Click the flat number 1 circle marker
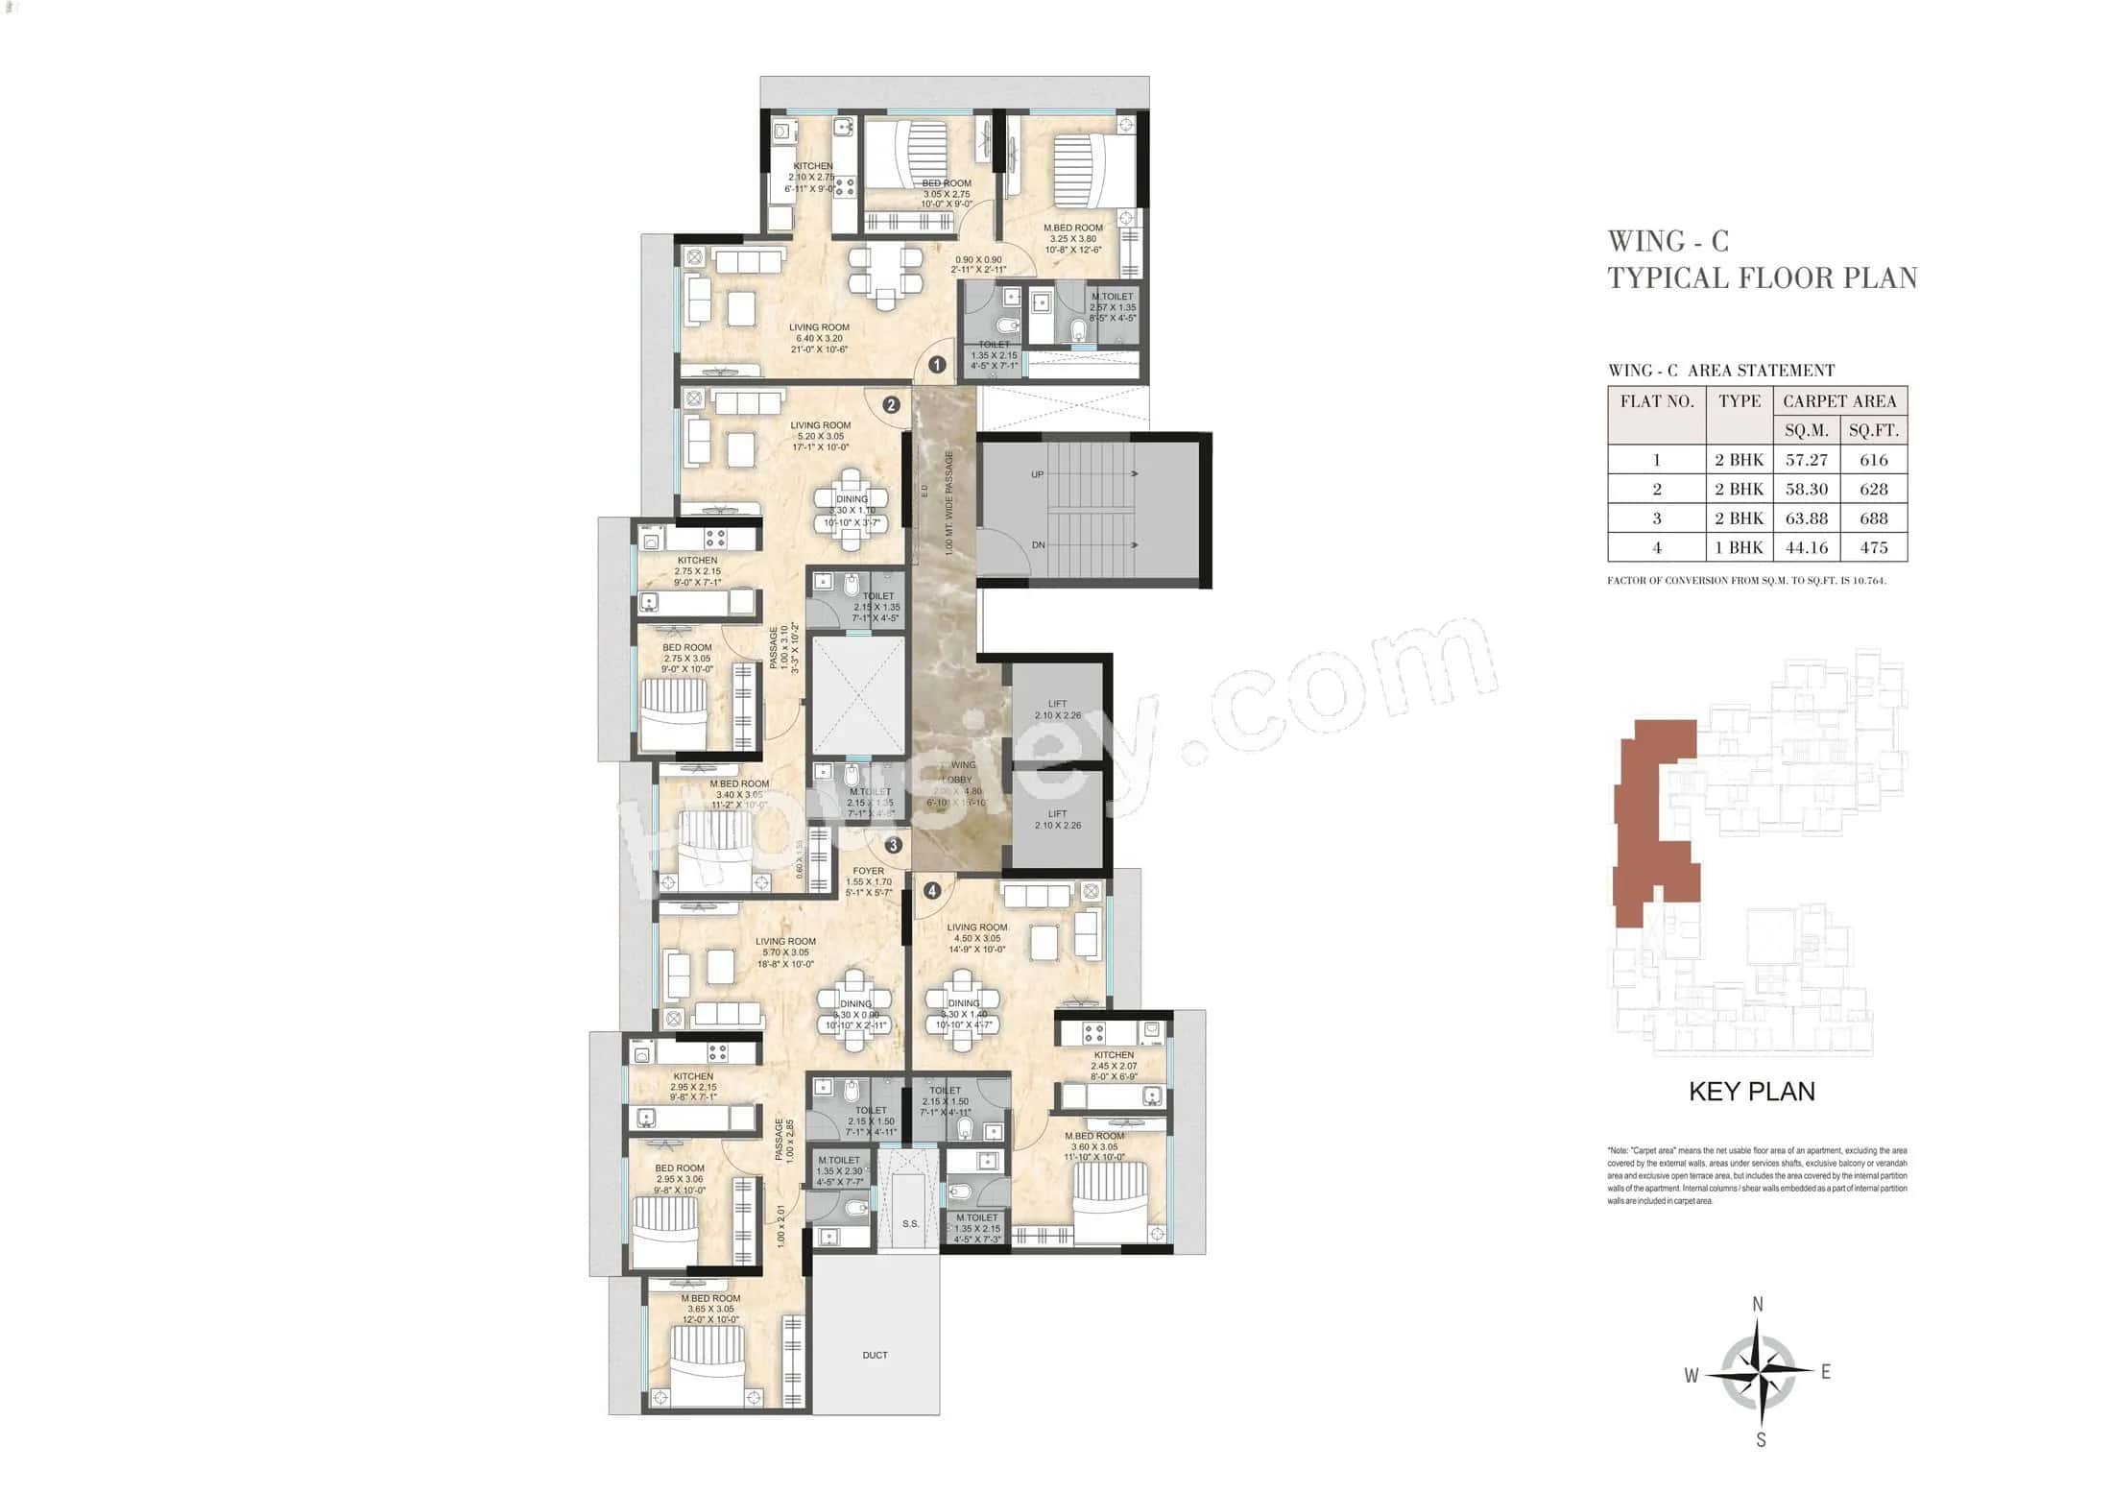point(937,365)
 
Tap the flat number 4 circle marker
point(931,890)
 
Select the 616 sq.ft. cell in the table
point(1873,460)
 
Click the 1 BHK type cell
point(1739,547)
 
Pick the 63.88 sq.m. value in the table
point(1806,518)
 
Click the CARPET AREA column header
point(1839,401)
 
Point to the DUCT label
point(875,1355)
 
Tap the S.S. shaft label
point(910,1223)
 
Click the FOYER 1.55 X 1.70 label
point(868,881)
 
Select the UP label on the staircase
point(1037,474)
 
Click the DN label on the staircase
point(1038,544)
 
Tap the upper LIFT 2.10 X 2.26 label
point(1057,710)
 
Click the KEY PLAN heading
point(1751,1091)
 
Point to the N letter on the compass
point(1758,1304)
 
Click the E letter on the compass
point(1825,1372)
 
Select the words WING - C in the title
point(1668,241)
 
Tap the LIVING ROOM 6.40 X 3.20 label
point(819,338)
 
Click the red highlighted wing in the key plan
point(1651,816)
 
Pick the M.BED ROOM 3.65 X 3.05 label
point(710,1309)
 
